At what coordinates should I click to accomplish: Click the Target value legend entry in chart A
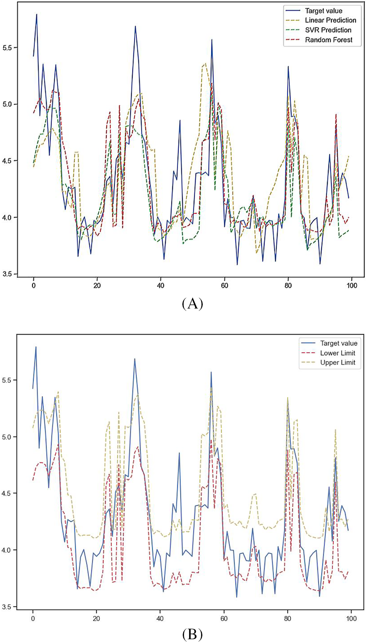point(323,11)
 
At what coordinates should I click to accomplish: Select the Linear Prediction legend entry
point(330,20)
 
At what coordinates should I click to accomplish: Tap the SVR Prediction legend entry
point(328,30)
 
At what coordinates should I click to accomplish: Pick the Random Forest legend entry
point(329,40)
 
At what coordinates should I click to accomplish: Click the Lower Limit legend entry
point(337,353)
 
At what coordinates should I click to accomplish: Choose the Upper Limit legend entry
point(337,363)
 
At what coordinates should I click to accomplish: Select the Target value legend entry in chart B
point(338,343)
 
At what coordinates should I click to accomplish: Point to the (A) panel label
point(193,303)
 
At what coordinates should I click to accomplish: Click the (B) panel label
point(193,635)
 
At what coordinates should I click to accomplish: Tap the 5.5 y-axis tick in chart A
point(7,48)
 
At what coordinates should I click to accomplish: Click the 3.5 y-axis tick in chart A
point(7,274)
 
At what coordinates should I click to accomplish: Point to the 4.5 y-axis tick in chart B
point(7,493)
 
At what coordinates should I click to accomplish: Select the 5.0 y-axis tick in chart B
point(7,437)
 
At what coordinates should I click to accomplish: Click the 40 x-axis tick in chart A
point(161,286)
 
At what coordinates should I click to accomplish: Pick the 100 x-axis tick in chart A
point(352,286)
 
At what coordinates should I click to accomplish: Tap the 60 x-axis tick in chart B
point(224,618)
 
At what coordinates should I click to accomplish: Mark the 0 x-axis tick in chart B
point(33,618)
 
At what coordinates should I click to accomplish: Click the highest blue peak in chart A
point(37,14)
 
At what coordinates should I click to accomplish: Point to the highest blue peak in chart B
point(36,347)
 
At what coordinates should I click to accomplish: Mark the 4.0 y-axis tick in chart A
point(7,217)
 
